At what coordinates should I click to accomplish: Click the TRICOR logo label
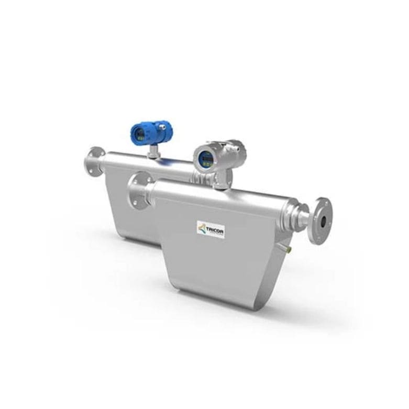coord(211,229)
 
